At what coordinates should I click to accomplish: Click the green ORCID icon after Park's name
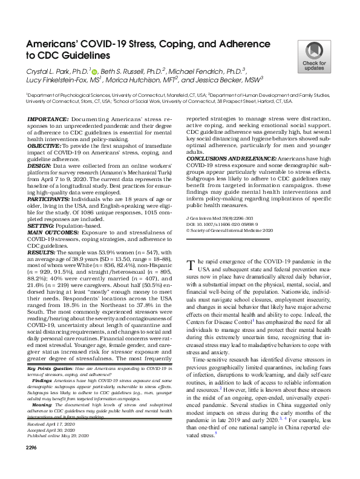[94, 71]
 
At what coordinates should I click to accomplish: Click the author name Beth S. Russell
[131, 71]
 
